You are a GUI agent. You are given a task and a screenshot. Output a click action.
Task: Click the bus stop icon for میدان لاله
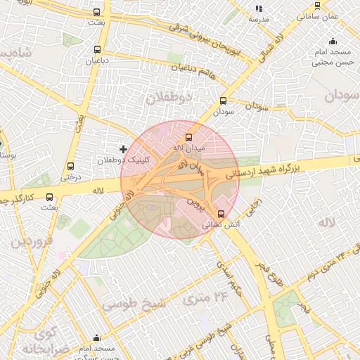pos(188,138)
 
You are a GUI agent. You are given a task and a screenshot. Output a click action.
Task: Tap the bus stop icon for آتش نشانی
pos(221,214)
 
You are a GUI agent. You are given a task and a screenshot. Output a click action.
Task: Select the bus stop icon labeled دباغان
pos(97,50)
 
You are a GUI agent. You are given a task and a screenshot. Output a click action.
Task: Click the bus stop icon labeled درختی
pos(70,167)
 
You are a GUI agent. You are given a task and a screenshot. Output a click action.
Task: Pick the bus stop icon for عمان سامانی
pos(317,5)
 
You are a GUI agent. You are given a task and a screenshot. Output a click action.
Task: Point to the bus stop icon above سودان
pos(224,101)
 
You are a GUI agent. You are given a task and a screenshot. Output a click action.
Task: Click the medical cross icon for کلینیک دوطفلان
pos(124,149)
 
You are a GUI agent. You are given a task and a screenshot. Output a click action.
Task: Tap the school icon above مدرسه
pos(259,8)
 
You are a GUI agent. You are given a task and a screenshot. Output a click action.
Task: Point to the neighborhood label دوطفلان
pos(169,98)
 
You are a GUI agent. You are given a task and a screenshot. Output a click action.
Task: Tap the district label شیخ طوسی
pos(133,304)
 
